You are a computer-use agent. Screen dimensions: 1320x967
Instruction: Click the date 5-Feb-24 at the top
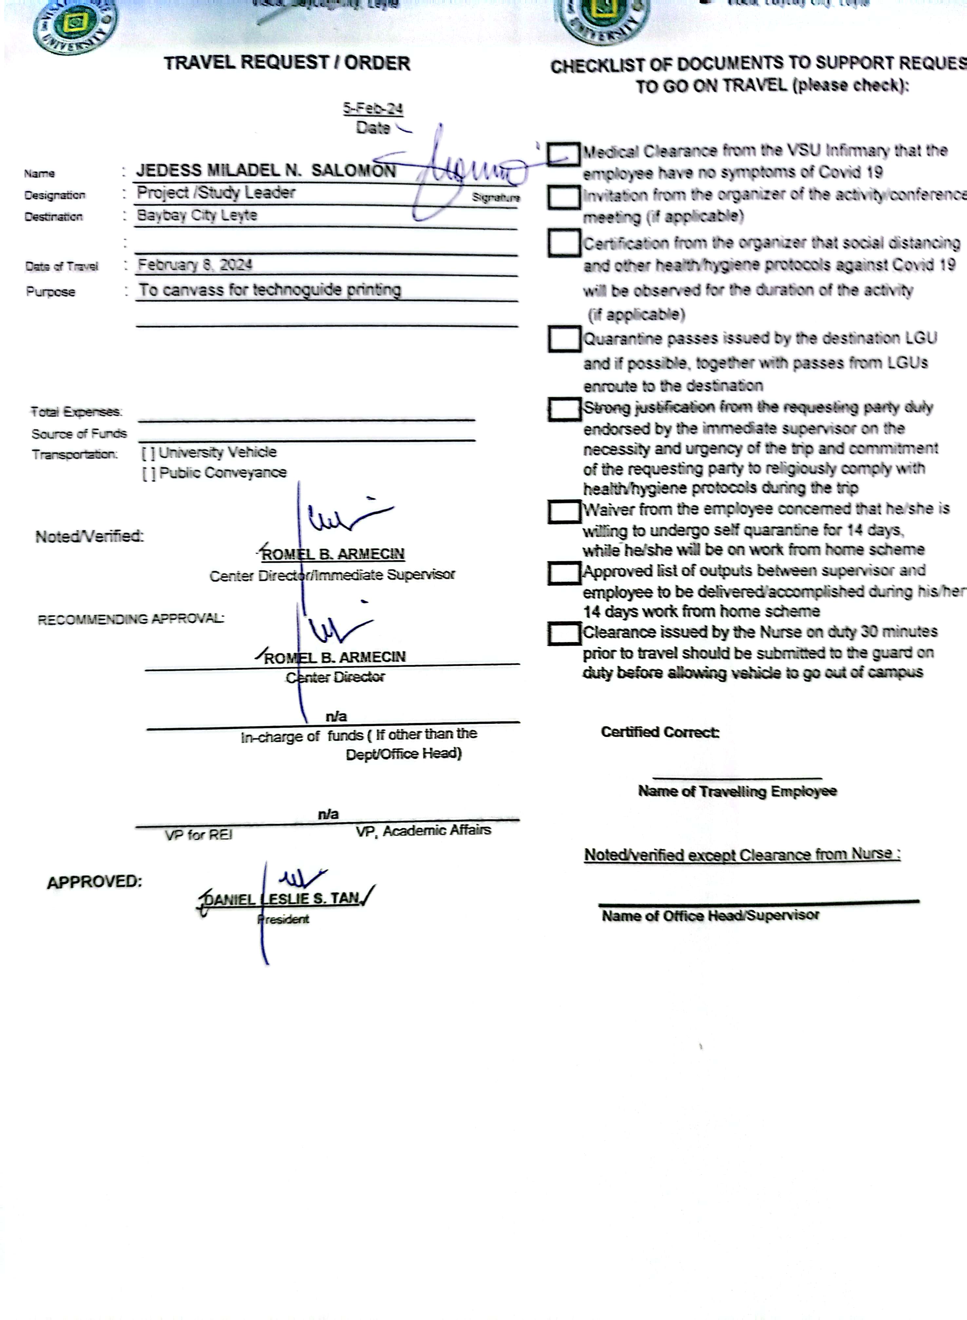point(373,108)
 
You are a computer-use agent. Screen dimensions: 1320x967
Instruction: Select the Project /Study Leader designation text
point(216,193)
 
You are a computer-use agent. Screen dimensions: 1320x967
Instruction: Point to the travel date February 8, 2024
point(195,265)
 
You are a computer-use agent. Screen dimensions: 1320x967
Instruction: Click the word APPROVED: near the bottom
point(94,882)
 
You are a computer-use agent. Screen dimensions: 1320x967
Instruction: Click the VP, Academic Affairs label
point(423,831)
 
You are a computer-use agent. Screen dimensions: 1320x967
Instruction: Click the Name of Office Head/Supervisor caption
point(710,915)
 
